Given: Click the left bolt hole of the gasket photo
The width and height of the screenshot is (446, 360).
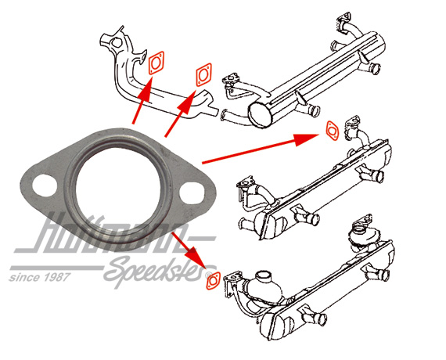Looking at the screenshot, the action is (45, 185).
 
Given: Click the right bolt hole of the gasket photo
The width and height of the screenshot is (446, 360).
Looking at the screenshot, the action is (192, 193).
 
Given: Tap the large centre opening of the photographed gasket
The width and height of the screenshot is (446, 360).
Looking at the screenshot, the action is (118, 189).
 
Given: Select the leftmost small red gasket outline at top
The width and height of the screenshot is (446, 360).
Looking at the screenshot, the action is (156, 63).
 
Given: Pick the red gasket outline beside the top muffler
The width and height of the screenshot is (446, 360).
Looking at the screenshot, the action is (203, 74).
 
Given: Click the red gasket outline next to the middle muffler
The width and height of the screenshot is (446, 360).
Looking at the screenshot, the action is (332, 131).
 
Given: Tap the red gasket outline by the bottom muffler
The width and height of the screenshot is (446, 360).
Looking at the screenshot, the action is (213, 281).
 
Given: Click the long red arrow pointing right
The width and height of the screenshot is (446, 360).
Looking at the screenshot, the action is (261, 148).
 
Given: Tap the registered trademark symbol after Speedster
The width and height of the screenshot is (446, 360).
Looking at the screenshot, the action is (210, 274).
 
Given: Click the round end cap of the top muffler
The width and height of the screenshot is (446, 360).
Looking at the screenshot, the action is (260, 114).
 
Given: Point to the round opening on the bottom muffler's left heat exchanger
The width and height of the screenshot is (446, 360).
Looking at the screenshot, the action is (264, 275).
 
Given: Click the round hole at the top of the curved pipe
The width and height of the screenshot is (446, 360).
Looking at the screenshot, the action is (116, 43).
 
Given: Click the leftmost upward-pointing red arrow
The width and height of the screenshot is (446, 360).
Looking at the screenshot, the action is (142, 100).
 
